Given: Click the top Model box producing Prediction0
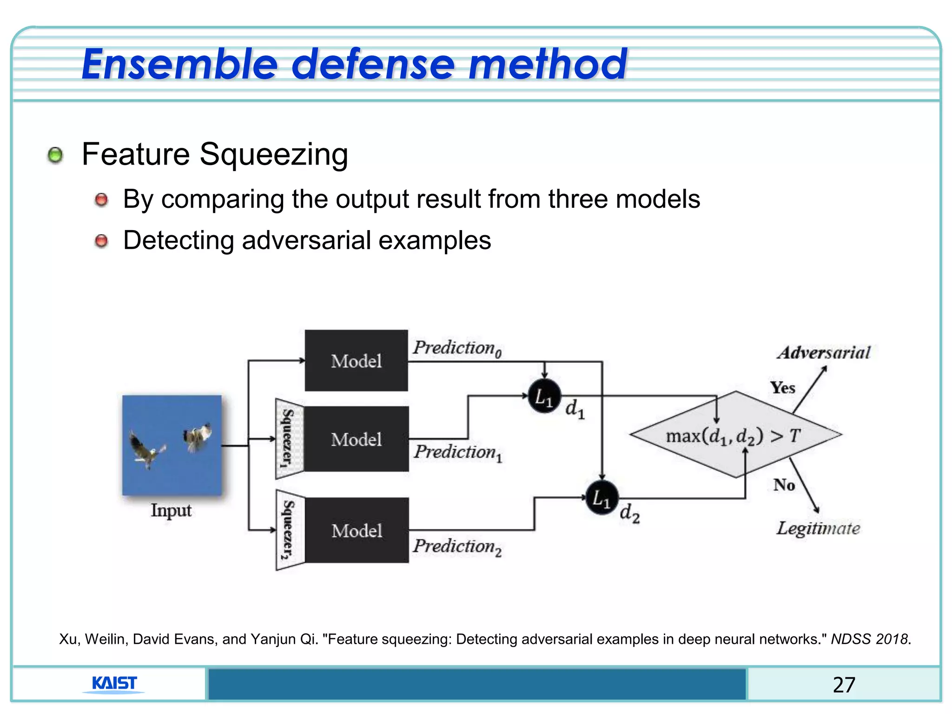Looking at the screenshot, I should [356, 360].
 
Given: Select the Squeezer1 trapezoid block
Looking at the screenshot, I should [289, 438].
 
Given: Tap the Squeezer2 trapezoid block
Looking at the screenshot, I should [290, 529].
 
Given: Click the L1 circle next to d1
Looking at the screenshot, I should [544, 397].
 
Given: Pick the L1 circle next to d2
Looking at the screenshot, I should [602, 498].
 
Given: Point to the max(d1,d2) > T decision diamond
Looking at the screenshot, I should [735, 435].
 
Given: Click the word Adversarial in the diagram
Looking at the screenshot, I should [823, 353].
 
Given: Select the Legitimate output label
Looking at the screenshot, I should [818, 528].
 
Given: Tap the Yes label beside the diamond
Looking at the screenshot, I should [782, 388].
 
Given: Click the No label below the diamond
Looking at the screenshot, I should [784, 485].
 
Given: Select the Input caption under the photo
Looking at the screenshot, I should [171, 510].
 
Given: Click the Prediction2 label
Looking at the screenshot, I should [457, 547].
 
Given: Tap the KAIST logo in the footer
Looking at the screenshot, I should [114, 683].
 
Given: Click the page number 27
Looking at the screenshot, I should [844, 685].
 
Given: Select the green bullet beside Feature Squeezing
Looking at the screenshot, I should [55, 155].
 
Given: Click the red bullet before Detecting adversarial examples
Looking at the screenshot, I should [101, 241].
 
